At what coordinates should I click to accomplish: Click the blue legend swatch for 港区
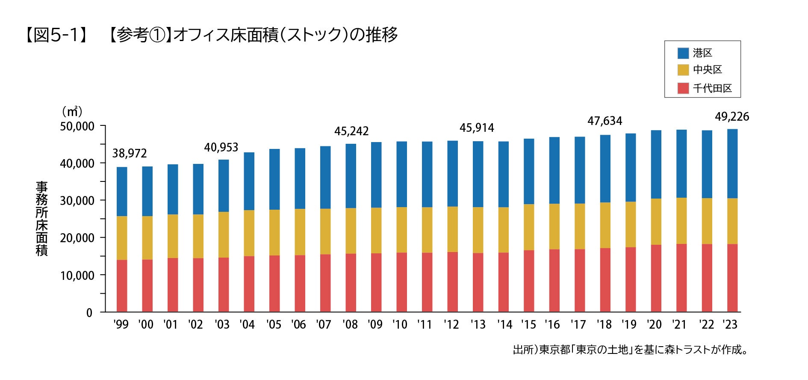click(683, 53)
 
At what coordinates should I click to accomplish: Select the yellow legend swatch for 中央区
click(683, 70)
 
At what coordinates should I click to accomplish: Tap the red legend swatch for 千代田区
click(683, 88)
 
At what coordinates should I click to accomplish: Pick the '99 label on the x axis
click(121, 325)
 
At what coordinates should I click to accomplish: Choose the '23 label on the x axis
click(730, 325)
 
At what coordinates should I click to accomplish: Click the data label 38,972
click(129, 153)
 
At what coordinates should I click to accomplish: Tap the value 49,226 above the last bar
click(732, 117)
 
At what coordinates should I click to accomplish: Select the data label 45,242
click(351, 131)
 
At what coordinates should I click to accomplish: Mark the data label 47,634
click(605, 121)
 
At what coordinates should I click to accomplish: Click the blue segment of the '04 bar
click(249, 181)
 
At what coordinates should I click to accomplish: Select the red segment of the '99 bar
click(122, 285)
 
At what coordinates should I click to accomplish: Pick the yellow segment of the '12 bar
click(452, 229)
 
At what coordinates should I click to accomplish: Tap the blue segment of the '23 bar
click(732, 163)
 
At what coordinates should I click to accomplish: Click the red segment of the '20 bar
click(656, 278)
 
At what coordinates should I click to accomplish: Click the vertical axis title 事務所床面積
click(41, 218)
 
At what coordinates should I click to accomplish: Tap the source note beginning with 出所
click(631, 350)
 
